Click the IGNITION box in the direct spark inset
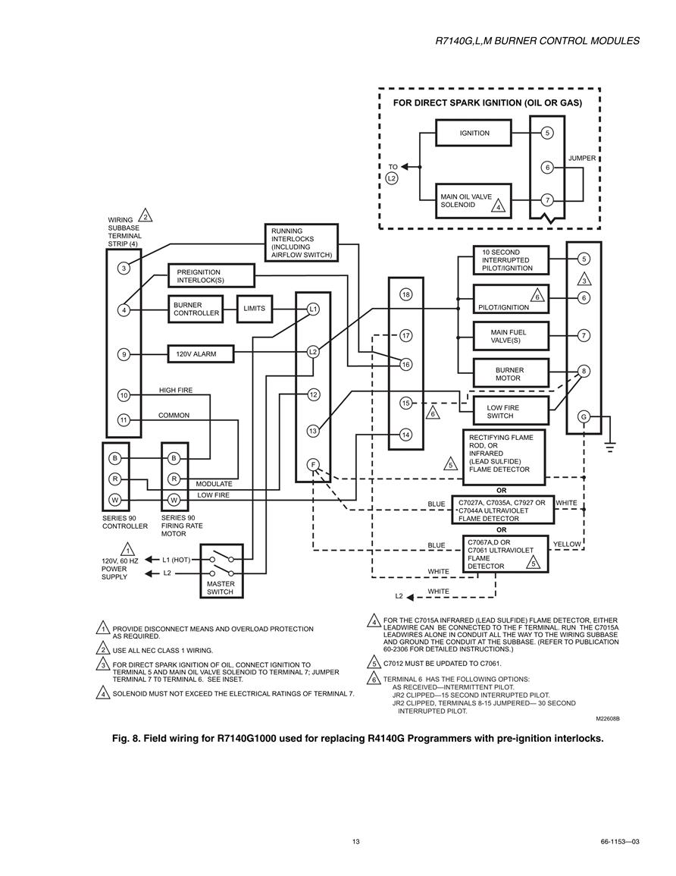pos(474,133)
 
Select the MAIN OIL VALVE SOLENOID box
pos(474,200)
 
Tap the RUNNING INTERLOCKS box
pos(302,243)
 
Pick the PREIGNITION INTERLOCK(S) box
pos(211,276)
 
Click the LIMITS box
pos(255,309)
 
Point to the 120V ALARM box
pos(201,353)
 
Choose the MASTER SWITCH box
pos(221,572)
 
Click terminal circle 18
pos(405,294)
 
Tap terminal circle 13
pos(313,431)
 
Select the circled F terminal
pos(313,465)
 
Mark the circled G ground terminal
pos(584,417)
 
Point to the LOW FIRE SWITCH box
pos(511,412)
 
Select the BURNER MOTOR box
pos(511,374)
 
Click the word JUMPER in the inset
pos(582,158)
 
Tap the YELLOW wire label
pos(567,544)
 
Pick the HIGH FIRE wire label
pos(176,391)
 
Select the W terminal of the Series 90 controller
pos(114,500)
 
